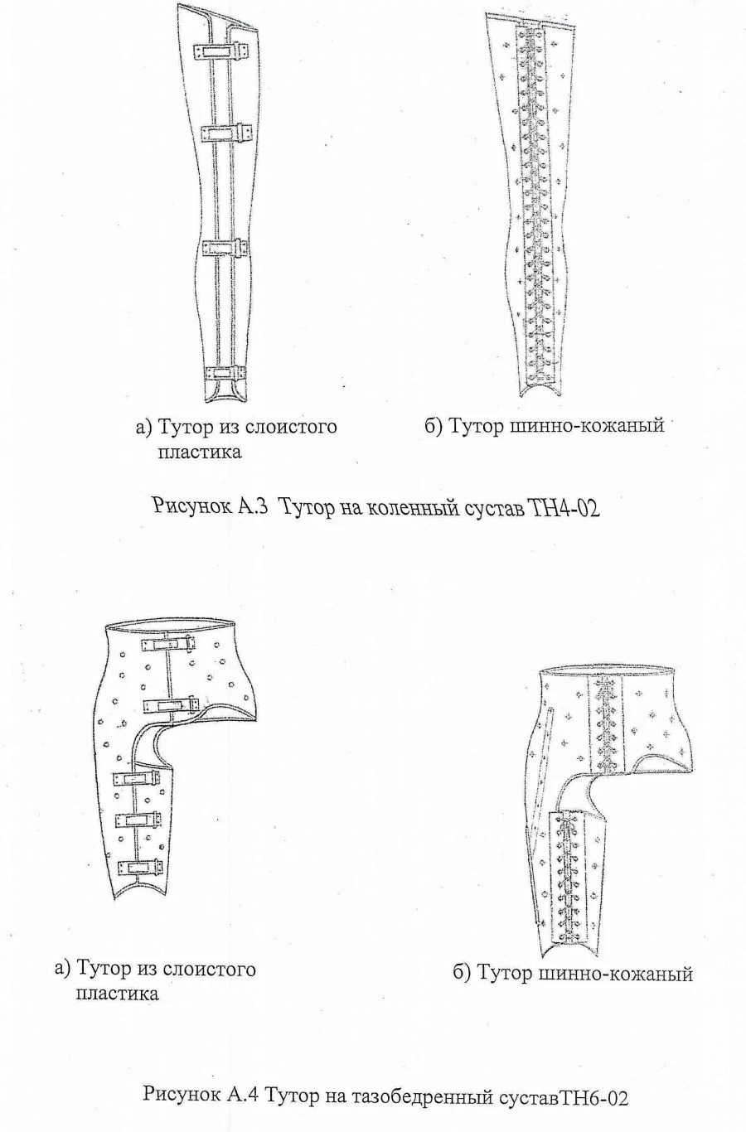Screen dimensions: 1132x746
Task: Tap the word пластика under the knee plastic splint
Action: click(x=200, y=452)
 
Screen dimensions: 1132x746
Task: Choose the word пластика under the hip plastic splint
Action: click(x=117, y=993)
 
